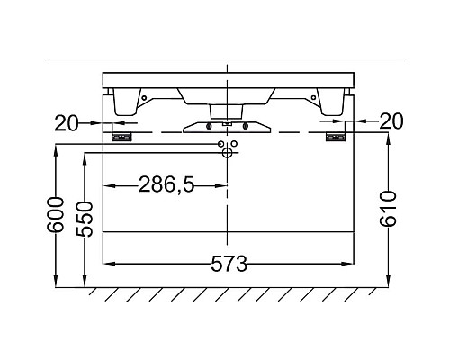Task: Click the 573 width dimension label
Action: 229,264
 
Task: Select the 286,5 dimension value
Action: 166,184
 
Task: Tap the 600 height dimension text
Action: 56,215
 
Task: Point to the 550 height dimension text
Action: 85,220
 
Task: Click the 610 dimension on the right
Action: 388,209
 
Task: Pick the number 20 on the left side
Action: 67,123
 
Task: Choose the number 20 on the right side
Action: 391,121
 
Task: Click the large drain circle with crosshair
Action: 227,153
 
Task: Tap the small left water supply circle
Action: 221,144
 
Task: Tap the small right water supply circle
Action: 234,144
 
